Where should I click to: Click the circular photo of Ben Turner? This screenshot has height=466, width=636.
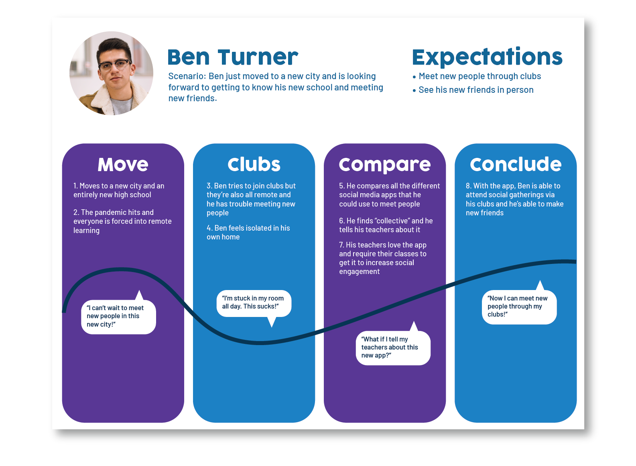point(111,74)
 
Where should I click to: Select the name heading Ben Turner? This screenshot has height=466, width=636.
point(233,57)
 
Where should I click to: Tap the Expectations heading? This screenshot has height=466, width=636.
point(487,57)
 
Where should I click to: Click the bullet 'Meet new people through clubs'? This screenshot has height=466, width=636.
point(480,76)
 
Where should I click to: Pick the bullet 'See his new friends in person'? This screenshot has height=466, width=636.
point(476,90)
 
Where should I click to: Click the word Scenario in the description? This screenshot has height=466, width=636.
point(186,76)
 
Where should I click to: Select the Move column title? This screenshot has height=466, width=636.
point(123,164)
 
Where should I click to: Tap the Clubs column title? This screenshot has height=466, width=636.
point(254,164)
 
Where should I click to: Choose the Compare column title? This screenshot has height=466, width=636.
point(384,165)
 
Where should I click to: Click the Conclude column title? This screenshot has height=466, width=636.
point(516,164)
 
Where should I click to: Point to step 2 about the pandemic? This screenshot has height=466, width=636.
point(122,221)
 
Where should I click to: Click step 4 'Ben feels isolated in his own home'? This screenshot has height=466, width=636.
point(248,232)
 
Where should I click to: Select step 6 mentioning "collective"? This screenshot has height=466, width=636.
point(386,225)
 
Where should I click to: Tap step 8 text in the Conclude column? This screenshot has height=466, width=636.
point(514,199)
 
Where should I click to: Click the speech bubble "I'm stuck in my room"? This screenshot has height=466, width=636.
point(254,303)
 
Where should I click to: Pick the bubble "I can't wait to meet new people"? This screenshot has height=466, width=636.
point(118,317)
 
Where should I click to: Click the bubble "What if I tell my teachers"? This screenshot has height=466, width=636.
point(393,347)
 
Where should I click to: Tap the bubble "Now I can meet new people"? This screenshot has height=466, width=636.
point(519,307)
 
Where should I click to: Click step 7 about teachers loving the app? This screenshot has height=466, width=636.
point(382,258)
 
